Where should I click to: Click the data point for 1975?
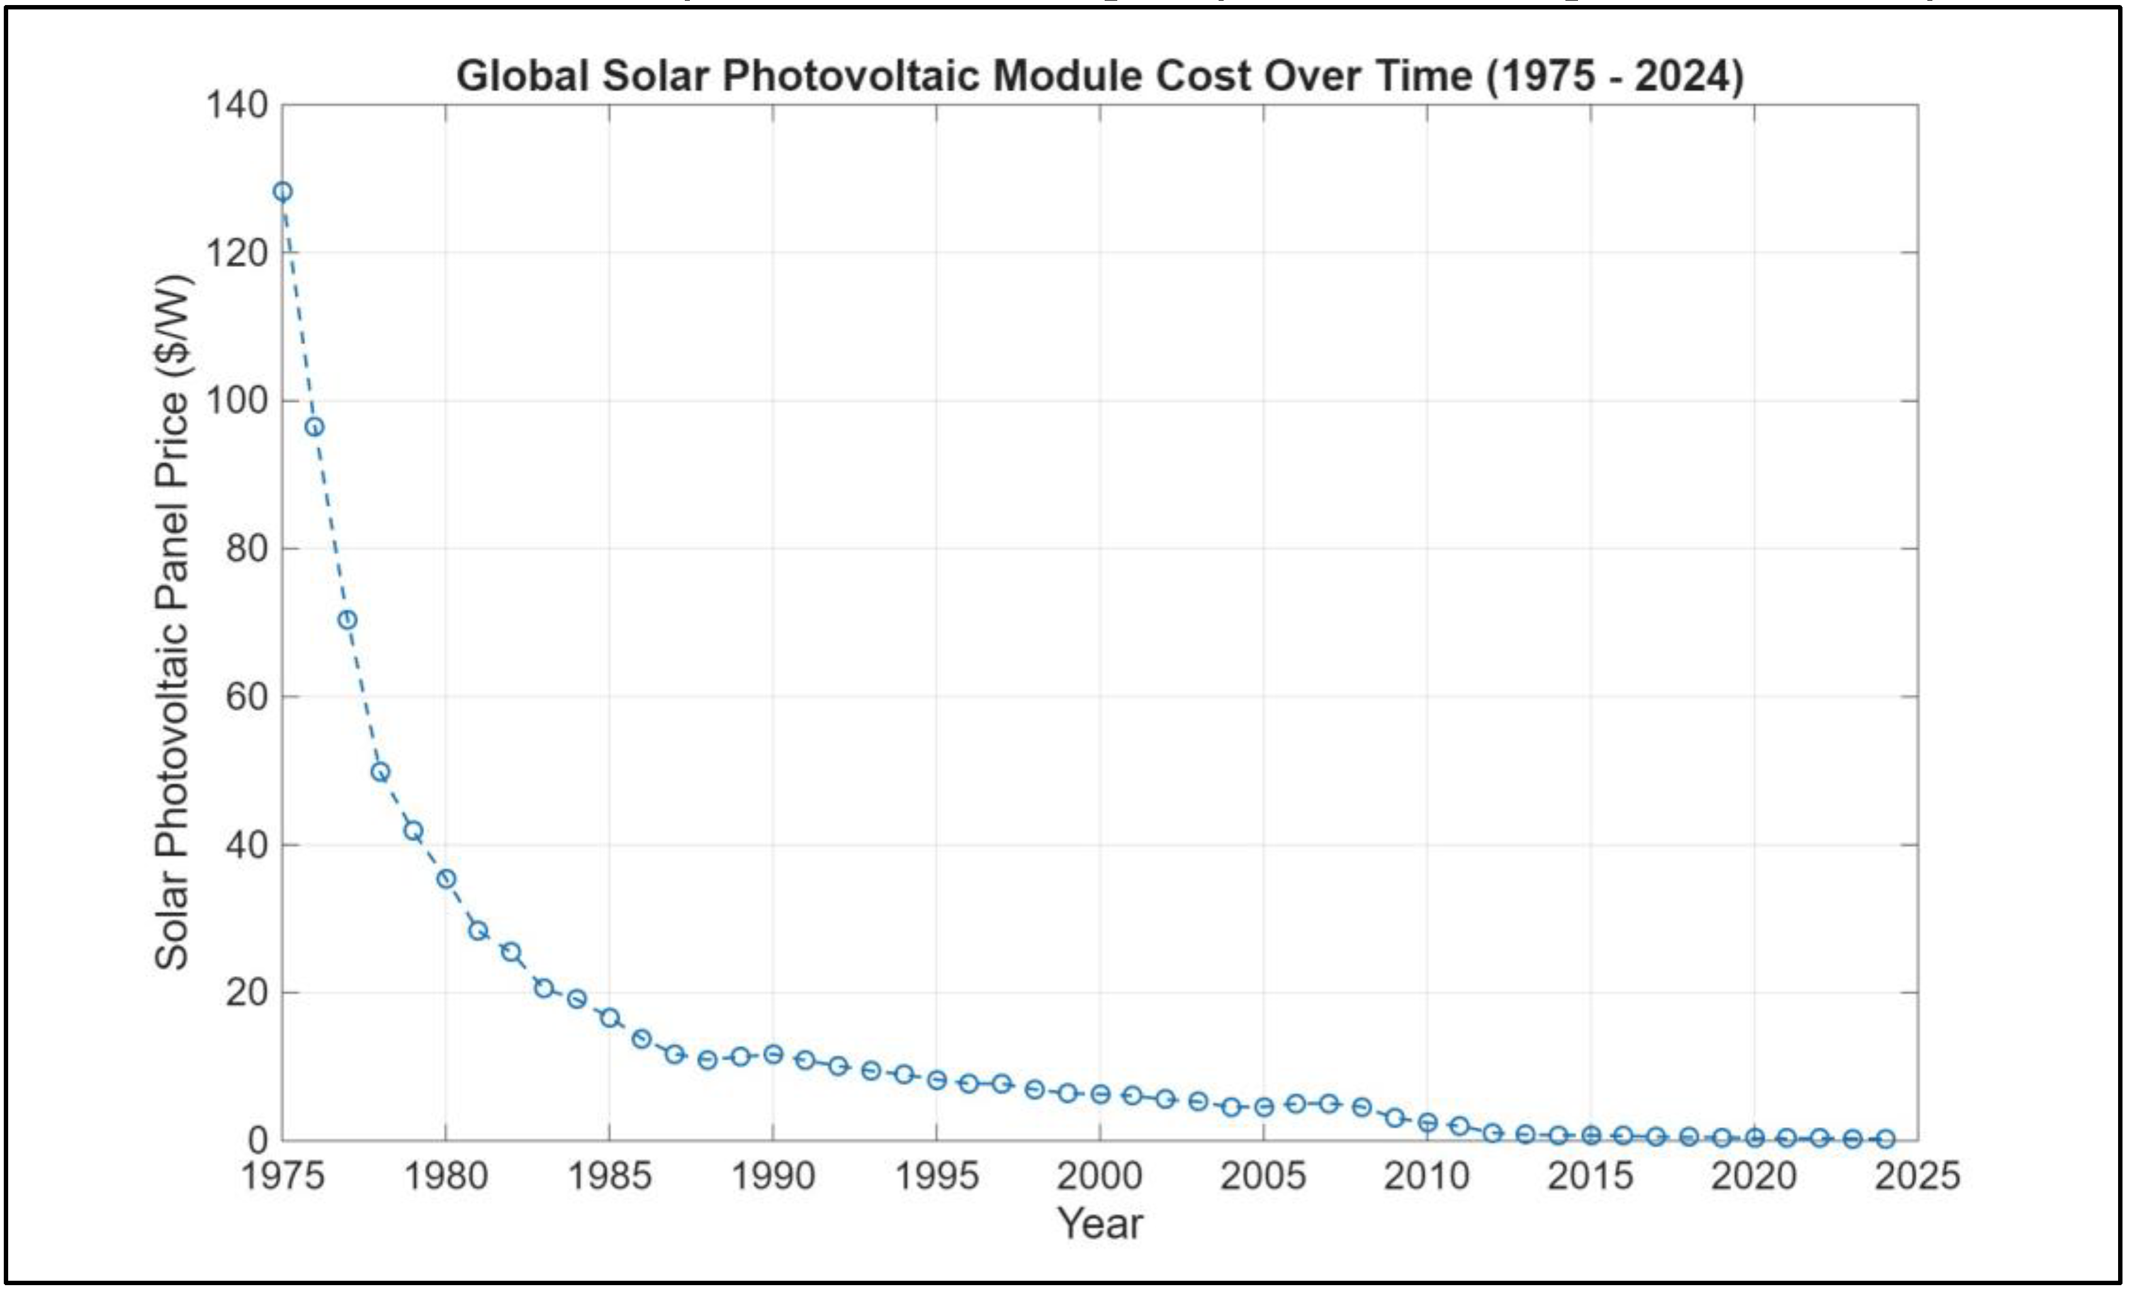283,191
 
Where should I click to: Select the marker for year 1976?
315,427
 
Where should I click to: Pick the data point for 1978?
380,772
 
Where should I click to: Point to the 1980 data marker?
446,879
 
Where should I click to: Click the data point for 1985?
609,1018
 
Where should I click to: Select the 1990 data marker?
773,1054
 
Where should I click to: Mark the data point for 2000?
1100,1094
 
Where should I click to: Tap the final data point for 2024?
1885,1139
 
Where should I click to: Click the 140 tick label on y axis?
237,105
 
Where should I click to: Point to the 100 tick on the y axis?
237,401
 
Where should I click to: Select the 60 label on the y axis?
246,696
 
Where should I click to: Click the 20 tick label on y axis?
246,992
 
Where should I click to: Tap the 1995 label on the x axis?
936,1176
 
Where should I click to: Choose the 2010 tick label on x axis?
1426,1176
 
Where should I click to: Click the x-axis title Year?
1100,1223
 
